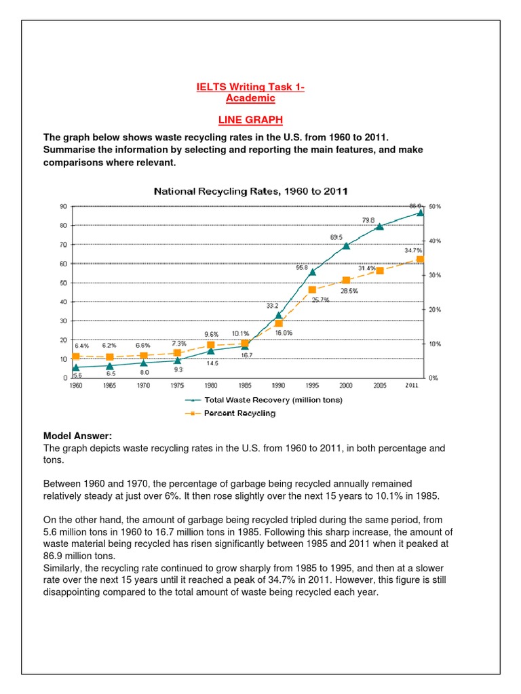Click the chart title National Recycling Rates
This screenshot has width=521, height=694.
(x=251, y=191)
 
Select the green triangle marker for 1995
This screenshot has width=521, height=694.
(x=312, y=272)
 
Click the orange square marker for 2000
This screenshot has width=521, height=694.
(x=346, y=280)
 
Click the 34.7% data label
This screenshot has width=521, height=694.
(x=413, y=250)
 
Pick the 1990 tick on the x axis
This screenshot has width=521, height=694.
(x=278, y=385)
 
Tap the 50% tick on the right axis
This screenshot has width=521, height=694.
(x=435, y=206)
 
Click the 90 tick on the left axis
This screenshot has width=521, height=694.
(x=62, y=206)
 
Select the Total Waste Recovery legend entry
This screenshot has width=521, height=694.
(x=268, y=400)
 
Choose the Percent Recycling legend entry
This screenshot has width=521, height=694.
(x=239, y=413)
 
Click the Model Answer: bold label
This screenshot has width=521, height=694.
(x=77, y=435)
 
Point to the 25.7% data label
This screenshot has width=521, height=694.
(x=320, y=300)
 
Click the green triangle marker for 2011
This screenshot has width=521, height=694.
(x=420, y=212)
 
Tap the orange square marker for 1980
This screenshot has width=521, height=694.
(x=210, y=345)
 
